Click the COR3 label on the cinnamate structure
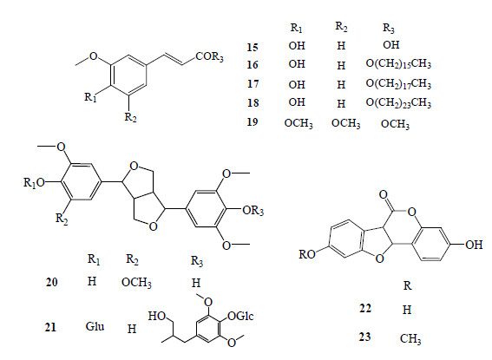click(x=209, y=56)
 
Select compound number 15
click(x=253, y=47)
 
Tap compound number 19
click(x=253, y=121)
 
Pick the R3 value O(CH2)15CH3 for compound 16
click(x=398, y=64)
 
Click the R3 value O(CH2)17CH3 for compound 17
click(x=398, y=84)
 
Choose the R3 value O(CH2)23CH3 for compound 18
click(x=398, y=103)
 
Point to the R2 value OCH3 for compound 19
click(x=345, y=123)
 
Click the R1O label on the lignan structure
click(x=34, y=182)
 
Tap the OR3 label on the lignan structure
click(x=253, y=211)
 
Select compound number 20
click(x=52, y=282)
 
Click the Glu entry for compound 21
click(x=95, y=326)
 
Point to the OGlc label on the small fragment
click(x=240, y=316)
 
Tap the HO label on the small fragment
click(x=157, y=316)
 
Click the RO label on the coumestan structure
click(x=307, y=254)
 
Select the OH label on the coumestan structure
click(x=474, y=245)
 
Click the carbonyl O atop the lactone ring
click(x=384, y=194)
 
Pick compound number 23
click(x=365, y=337)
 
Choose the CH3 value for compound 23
click(x=410, y=338)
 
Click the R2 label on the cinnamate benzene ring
click(x=130, y=117)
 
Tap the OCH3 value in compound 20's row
click(x=136, y=283)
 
